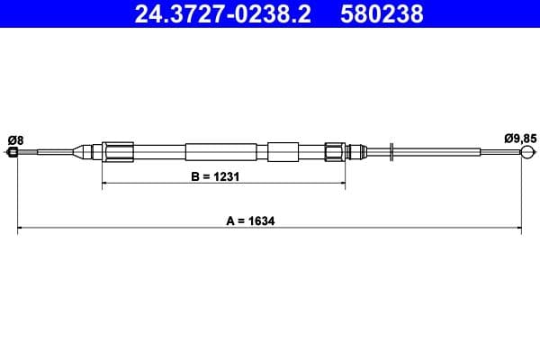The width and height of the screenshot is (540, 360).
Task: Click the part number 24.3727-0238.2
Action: click(222, 14)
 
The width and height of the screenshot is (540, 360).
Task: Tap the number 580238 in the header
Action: click(382, 14)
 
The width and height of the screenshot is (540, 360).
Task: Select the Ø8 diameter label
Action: click(15, 140)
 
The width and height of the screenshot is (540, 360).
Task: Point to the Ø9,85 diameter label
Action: click(520, 139)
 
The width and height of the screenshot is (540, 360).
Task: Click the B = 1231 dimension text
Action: click(215, 176)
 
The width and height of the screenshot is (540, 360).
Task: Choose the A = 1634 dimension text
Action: click(250, 220)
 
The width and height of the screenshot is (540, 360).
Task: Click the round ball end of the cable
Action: click(527, 151)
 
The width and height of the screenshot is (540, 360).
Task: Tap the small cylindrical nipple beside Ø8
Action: click(13, 151)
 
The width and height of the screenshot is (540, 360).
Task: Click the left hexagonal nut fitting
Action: click(118, 151)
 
